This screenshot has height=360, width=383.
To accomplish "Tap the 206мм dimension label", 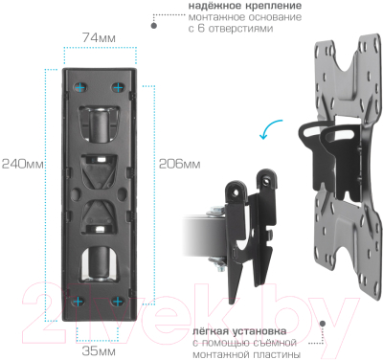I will [179, 163].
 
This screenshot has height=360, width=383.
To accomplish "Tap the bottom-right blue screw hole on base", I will [118, 301].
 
